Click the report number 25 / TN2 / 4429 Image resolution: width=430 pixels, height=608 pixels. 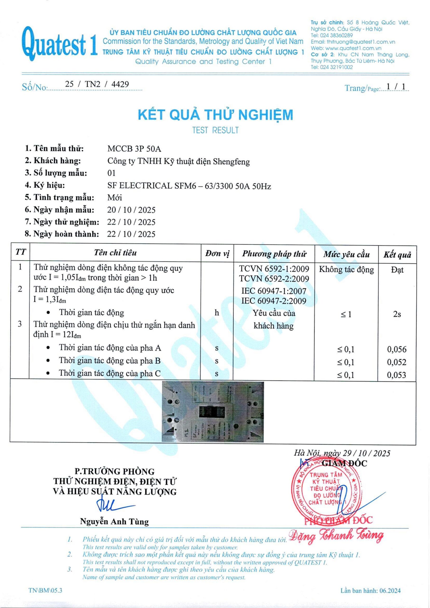(97, 84)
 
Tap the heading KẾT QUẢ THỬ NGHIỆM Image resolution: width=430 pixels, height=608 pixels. (215, 115)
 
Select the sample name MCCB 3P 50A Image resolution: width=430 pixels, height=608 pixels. (134, 149)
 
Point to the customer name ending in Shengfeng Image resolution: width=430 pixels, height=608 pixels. (178, 161)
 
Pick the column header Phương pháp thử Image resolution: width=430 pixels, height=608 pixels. (274, 254)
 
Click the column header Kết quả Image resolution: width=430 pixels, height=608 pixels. (397, 255)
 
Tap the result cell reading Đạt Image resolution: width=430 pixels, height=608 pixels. (397, 270)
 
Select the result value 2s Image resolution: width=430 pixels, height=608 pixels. (397, 314)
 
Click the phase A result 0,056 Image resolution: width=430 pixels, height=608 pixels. (397, 349)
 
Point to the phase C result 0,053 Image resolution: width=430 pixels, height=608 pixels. (396, 375)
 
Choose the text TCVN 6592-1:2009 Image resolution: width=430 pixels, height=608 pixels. (274, 269)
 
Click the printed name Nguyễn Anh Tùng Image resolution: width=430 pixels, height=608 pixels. (114, 522)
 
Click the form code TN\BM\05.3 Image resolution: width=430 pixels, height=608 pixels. (45, 590)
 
